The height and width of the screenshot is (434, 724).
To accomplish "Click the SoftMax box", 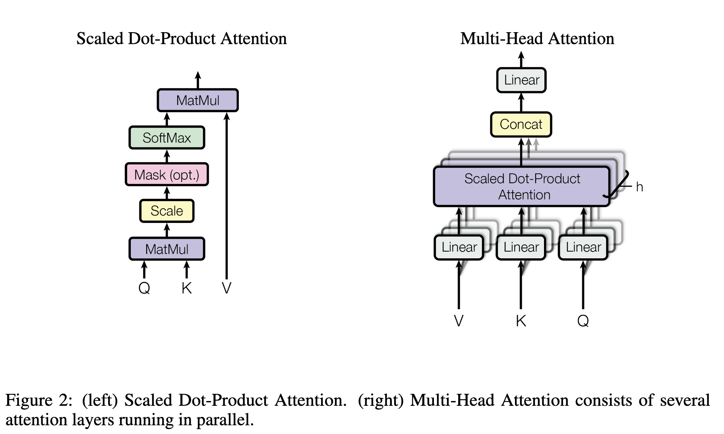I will [167, 138].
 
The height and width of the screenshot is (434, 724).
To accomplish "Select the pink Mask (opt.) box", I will [167, 174].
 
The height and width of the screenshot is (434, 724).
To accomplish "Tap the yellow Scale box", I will [167, 211].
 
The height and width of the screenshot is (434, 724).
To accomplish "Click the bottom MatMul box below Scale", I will [167, 249].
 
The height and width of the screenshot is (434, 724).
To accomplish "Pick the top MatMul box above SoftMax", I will [197, 100].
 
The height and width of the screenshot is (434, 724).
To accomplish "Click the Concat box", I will [521, 124].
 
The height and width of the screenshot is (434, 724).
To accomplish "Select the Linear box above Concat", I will [521, 80].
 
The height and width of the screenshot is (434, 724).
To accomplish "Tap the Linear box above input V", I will [459, 247].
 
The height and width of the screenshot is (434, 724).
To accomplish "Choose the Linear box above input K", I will [521, 247].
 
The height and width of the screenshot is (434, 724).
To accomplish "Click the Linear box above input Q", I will [583, 247].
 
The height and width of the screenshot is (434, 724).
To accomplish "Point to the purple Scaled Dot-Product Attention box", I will [522, 186].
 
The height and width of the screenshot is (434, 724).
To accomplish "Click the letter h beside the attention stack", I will [639, 187].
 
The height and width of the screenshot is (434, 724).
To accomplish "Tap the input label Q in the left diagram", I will [144, 288].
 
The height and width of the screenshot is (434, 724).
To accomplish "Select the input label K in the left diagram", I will [186, 288].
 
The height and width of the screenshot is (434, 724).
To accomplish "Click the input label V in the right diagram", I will [459, 320].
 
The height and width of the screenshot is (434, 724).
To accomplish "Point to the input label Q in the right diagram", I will [583, 320].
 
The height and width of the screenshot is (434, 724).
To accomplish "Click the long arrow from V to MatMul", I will [226, 195].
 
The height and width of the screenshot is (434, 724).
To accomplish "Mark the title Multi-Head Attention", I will [537, 39].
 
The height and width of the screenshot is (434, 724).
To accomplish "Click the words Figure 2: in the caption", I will [39, 400].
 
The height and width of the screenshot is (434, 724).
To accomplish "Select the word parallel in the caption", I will [230, 420].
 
